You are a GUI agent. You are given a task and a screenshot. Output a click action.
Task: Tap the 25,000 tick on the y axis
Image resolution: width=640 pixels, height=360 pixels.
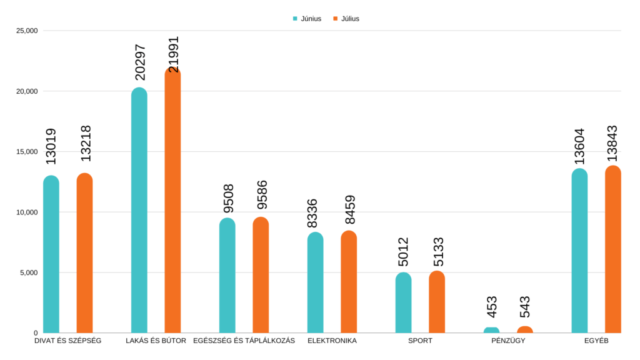(x=27, y=31)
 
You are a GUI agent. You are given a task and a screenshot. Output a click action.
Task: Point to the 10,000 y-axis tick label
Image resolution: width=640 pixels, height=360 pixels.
(x=27, y=212)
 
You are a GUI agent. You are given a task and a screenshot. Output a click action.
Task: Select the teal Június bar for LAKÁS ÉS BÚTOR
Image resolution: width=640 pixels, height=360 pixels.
(x=139, y=212)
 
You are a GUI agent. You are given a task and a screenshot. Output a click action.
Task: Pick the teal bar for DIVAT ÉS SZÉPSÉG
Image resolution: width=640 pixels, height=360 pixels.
(x=51, y=256)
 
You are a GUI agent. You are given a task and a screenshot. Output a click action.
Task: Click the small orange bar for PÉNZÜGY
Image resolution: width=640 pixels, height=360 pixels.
(x=525, y=329)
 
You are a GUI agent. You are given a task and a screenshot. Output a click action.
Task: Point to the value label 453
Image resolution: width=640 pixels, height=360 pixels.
(x=492, y=307)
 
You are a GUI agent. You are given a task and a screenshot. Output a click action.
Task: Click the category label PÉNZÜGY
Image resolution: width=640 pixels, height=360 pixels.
(x=507, y=341)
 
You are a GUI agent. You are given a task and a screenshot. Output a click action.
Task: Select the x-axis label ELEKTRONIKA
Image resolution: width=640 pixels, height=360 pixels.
(x=332, y=341)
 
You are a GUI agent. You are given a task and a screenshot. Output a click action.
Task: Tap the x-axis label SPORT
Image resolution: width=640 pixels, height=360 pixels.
(x=420, y=341)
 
